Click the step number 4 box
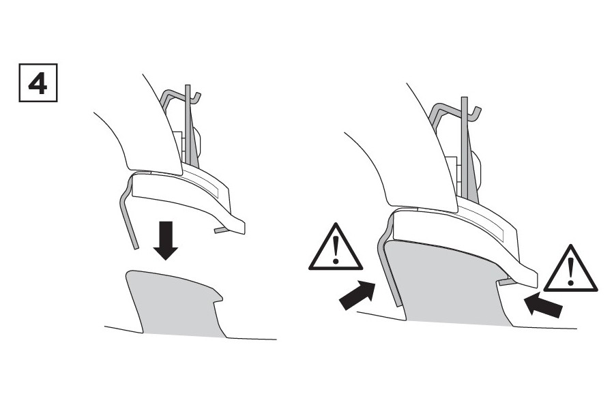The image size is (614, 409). point(38,82)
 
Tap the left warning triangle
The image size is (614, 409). point(335,247)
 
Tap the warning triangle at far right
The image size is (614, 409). point(570,269)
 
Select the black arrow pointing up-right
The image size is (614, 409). point(357,295)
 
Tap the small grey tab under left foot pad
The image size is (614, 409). point(220,230)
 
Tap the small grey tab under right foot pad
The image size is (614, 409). point(505,281)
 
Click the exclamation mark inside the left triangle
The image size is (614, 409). point(336,249)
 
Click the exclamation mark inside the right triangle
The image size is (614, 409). point(570,271)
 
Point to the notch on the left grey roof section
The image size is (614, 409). point(216,299)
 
